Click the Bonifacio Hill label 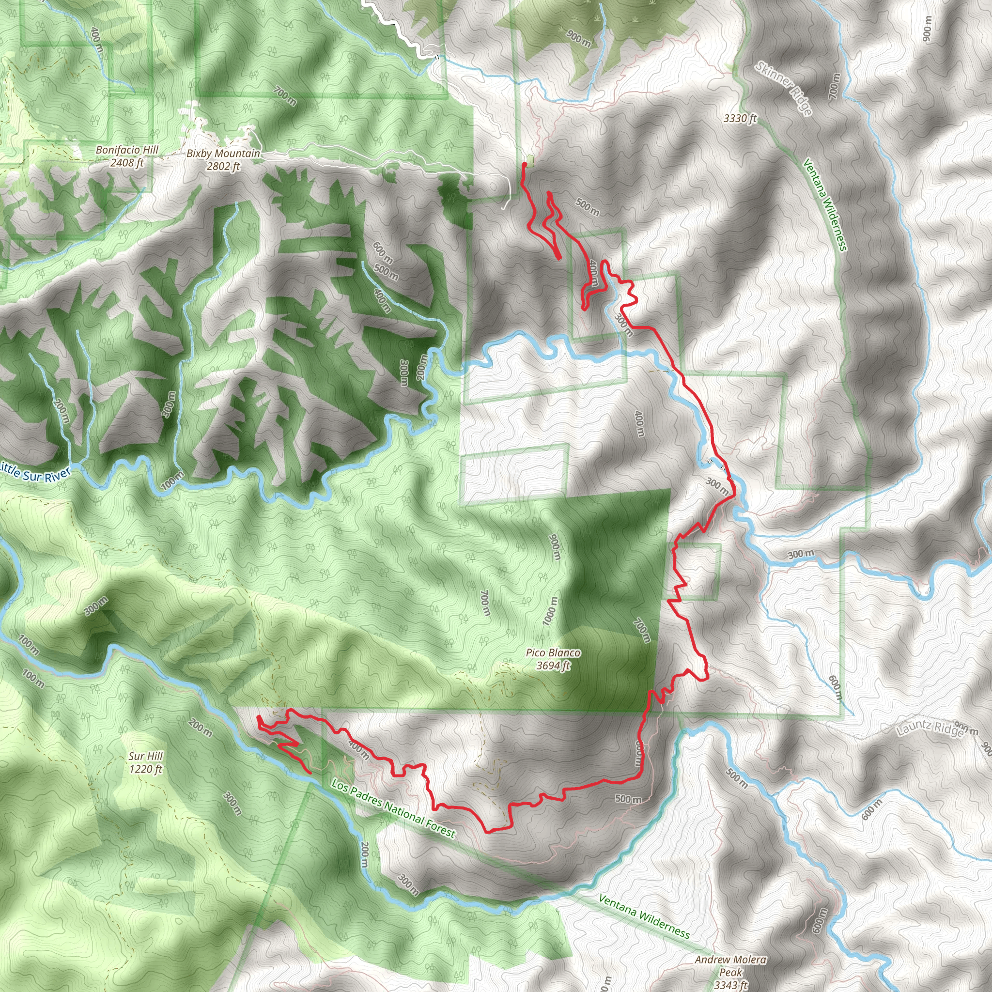127,150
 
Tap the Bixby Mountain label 223,153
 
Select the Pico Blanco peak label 553,652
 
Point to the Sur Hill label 145,756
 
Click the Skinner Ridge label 784,88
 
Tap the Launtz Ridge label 930,728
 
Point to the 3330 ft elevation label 740,119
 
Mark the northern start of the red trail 524,164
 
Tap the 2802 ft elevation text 223,166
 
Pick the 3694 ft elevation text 553,666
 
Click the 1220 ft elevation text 145,769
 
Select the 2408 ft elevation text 127,163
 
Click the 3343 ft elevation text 730,985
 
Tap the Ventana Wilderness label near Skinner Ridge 824,205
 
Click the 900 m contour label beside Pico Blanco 555,547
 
